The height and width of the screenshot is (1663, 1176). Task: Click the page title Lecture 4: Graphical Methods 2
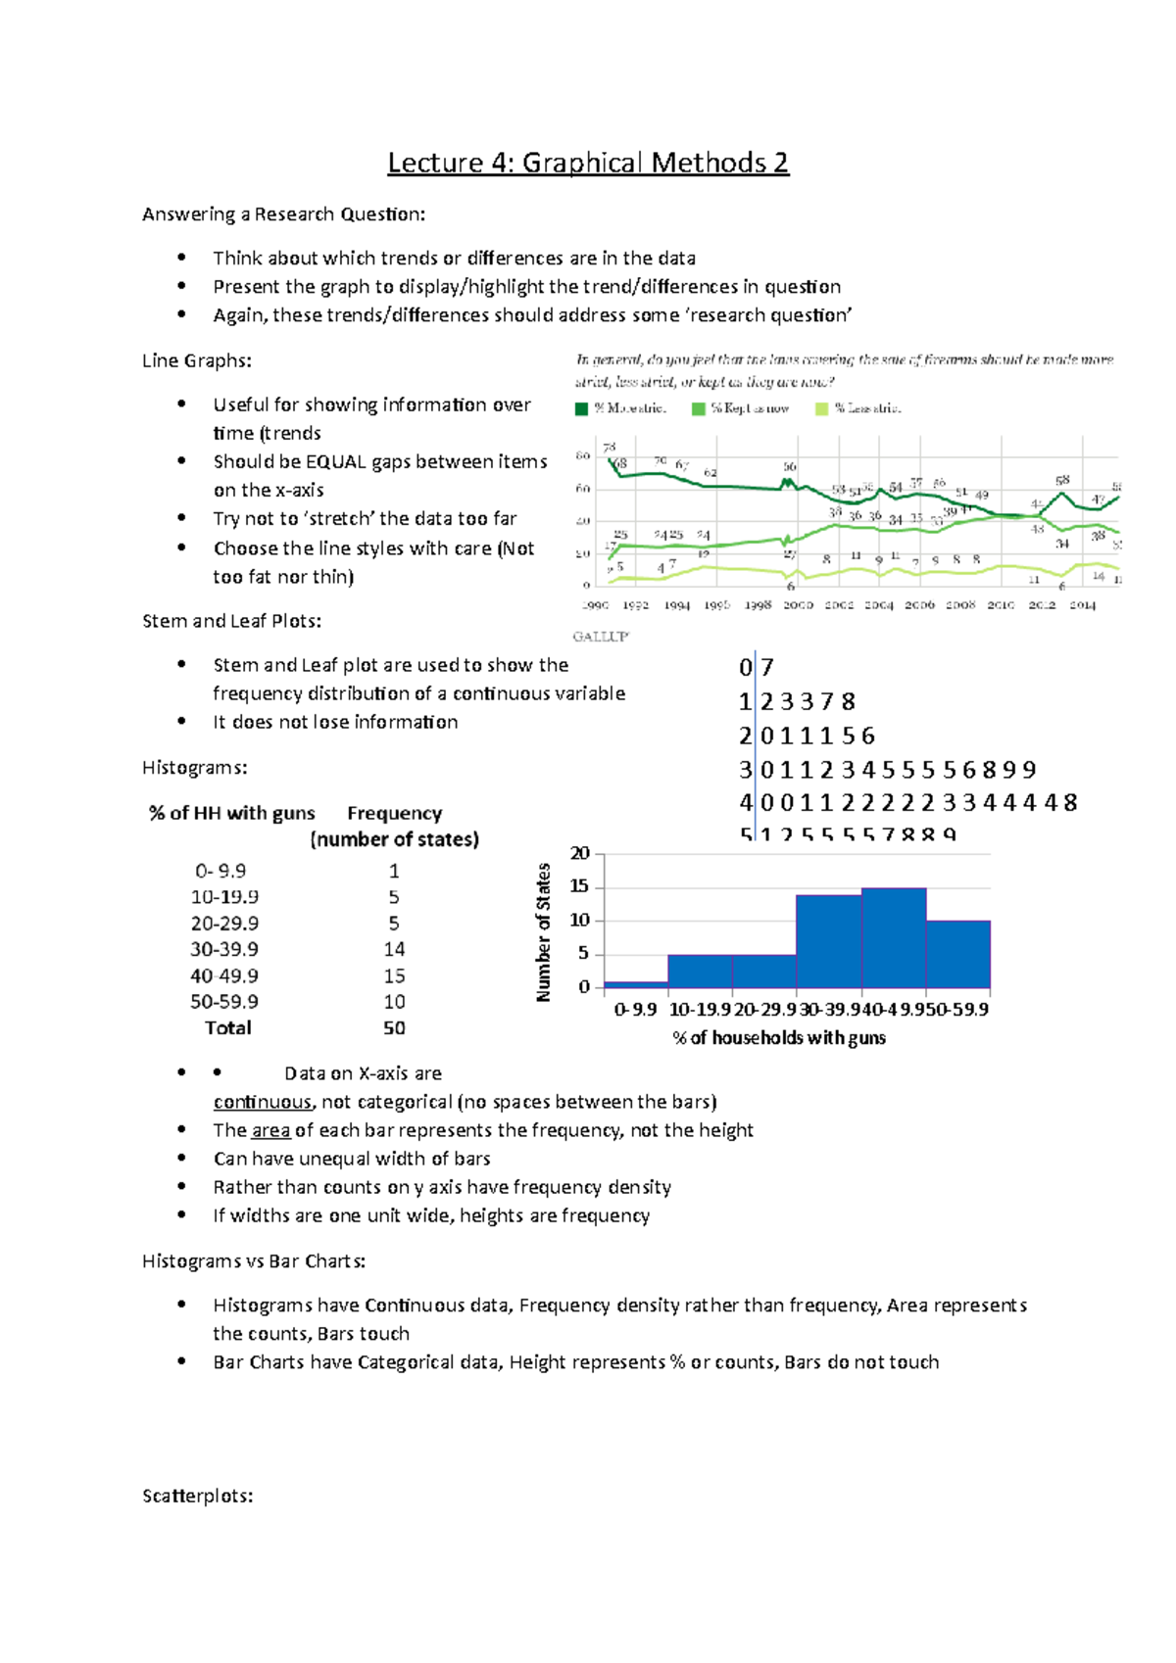pyautogui.click(x=588, y=162)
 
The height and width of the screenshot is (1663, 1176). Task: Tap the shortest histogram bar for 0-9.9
pyautogui.click(x=636, y=983)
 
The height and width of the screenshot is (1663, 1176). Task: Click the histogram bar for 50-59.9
pyautogui.click(x=958, y=954)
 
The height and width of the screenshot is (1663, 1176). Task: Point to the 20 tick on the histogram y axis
pyautogui.click(x=580, y=853)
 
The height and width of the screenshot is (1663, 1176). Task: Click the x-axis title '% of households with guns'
pyautogui.click(x=779, y=1037)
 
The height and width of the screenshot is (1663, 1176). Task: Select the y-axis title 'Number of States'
pyautogui.click(x=544, y=931)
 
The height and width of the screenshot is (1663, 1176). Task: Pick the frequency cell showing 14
pyautogui.click(x=394, y=949)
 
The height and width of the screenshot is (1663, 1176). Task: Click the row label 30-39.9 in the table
pyautogui.click(x=224, y=949)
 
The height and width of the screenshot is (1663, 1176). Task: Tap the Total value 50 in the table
pyautogui.click(x=394, y=1027)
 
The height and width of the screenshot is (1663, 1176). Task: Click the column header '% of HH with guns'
pyautogui.click(x=232, y=813)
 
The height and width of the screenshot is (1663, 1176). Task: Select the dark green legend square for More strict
pyautogui.click(x=582, y=408)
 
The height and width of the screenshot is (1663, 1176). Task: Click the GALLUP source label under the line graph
pyautogui.click(x=601, y=637)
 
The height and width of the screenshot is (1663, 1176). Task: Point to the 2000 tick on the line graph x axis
pyautogui.click(x=798, y=605)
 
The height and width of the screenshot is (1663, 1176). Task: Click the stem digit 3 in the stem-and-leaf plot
pyautogui.click(x=746, y=770)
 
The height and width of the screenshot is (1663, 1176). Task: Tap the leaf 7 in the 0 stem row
pyautogui.click(x=767, y=668)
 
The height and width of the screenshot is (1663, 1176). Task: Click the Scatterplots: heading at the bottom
pyautogui.click(x=198, y=1496)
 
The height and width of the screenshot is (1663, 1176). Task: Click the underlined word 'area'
pyautogui.click(x=270, y=1130)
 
